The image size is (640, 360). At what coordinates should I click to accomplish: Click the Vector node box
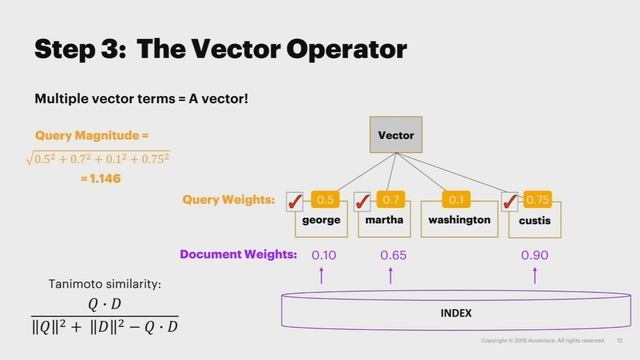(396, 135)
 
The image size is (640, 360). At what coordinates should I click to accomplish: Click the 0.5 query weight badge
(325, 200)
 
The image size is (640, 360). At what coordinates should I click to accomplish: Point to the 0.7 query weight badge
(391, 200)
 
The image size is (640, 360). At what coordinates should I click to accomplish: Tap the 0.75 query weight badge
(537, 200)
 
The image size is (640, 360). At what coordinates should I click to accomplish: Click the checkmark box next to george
(296, 202)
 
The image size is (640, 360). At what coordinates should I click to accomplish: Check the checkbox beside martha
(363, 202)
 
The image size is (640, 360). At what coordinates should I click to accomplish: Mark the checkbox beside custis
(510, 202)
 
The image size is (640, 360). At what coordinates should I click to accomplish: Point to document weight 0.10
(323, 255)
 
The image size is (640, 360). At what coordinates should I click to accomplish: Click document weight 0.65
(393, 255)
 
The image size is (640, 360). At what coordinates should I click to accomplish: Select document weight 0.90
(534, 255)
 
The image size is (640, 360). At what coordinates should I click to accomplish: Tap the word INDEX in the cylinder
(456, 313)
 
